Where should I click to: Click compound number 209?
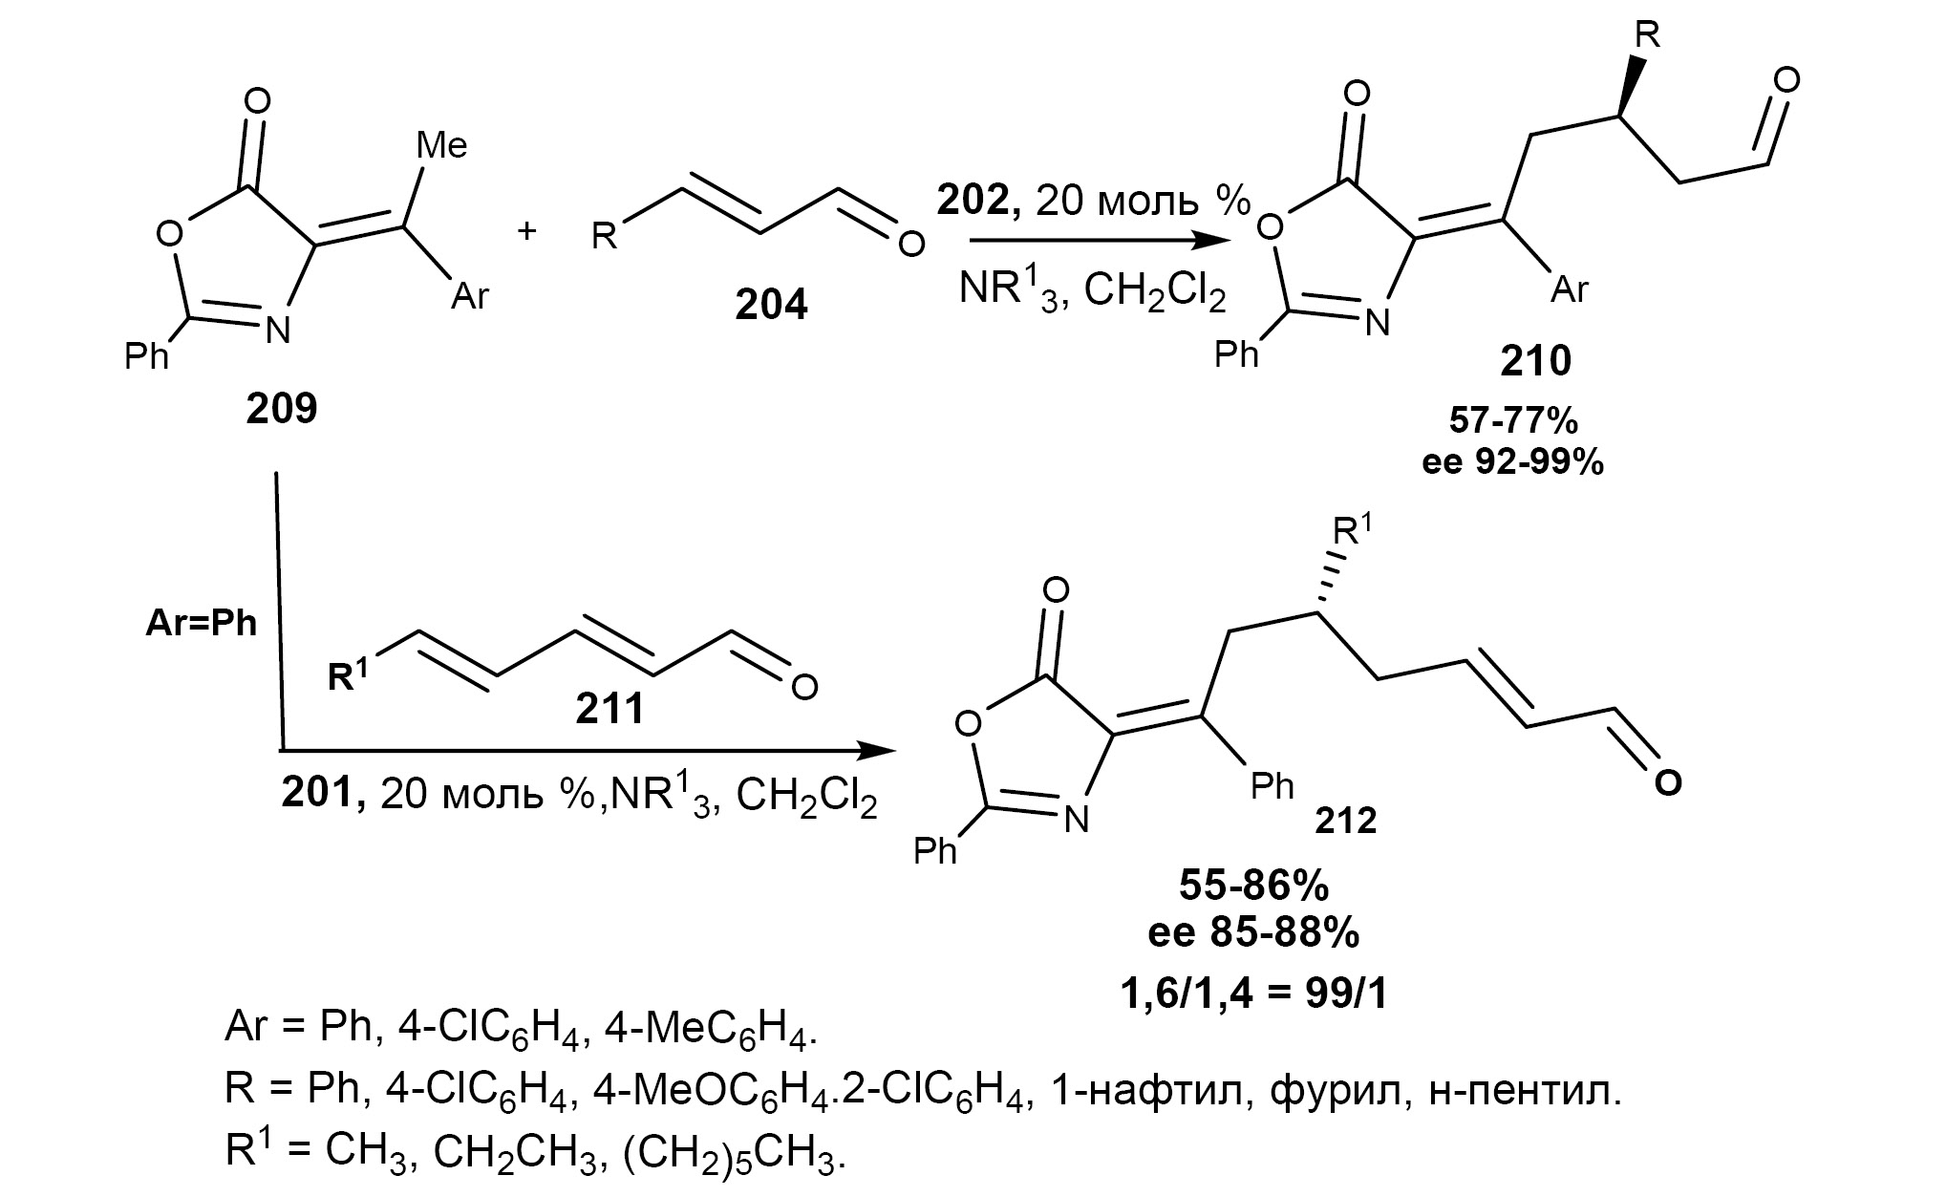pyautogui.click(x=281, y=408)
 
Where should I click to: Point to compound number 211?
pyautogui.click(x=609, y=708)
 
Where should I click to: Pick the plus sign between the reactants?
pyautogui.click(x=526, y=230)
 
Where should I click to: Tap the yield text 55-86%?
pyautogui.click(x=1253, y=886)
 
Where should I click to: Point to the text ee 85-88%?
pyautogui.click(x=1253, y=933)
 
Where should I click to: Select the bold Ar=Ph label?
pyautogui.click(x=202, y=624)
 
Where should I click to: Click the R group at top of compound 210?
pyautogui.click(x=1647, y=35)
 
